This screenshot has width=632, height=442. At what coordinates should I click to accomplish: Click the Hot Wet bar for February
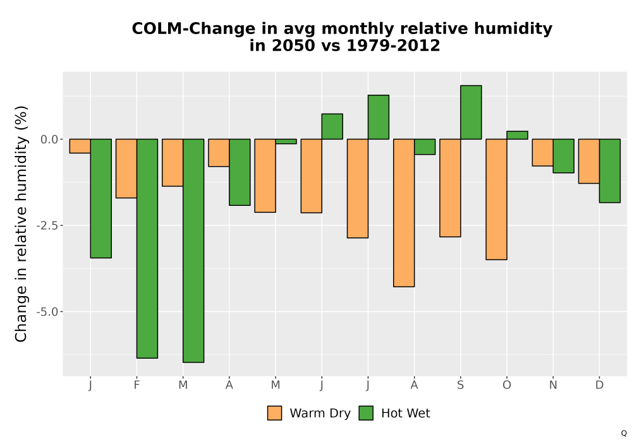(x=147, y=248)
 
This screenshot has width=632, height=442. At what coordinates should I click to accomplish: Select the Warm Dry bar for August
(x=404, y=213)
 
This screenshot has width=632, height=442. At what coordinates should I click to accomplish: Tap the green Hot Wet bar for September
(x=471, y=112)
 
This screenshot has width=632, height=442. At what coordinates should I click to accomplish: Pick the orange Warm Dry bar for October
(x=496, y=200)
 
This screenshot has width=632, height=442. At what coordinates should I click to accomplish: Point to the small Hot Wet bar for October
(x=517, y=135)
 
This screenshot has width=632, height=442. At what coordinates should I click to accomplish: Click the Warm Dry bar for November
(x=542, y=153)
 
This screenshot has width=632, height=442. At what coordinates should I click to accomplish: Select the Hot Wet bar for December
(x=610, y=170)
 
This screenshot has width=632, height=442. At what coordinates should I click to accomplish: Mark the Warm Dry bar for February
(x=126, y=168)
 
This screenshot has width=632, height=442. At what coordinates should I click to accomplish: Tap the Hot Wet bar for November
(x=564, y=156)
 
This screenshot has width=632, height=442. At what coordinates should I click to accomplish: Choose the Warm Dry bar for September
(x=450, y=188)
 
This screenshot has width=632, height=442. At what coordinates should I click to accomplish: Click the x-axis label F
(x=137, y=385)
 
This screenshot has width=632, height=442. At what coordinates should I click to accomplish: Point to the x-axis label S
(x=460, y=385)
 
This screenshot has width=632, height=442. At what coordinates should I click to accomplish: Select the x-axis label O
(x=507, y=385)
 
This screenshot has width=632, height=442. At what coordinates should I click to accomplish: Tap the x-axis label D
(x=599, y=385)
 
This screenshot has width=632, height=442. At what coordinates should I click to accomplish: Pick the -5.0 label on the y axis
(x=47, y=311)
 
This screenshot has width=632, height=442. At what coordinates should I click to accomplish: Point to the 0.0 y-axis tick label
(x=49, y=140)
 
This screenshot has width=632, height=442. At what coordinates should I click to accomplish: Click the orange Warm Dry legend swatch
(x=274, y=413)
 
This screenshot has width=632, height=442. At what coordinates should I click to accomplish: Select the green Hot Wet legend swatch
(x=366, y=413)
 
